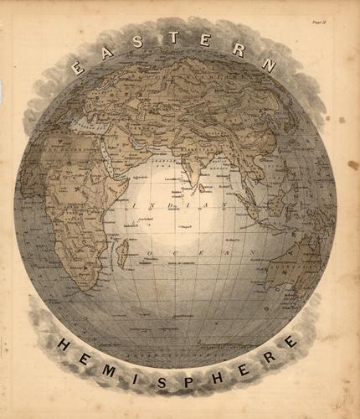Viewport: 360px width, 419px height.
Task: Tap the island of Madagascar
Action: pos(125,249)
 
